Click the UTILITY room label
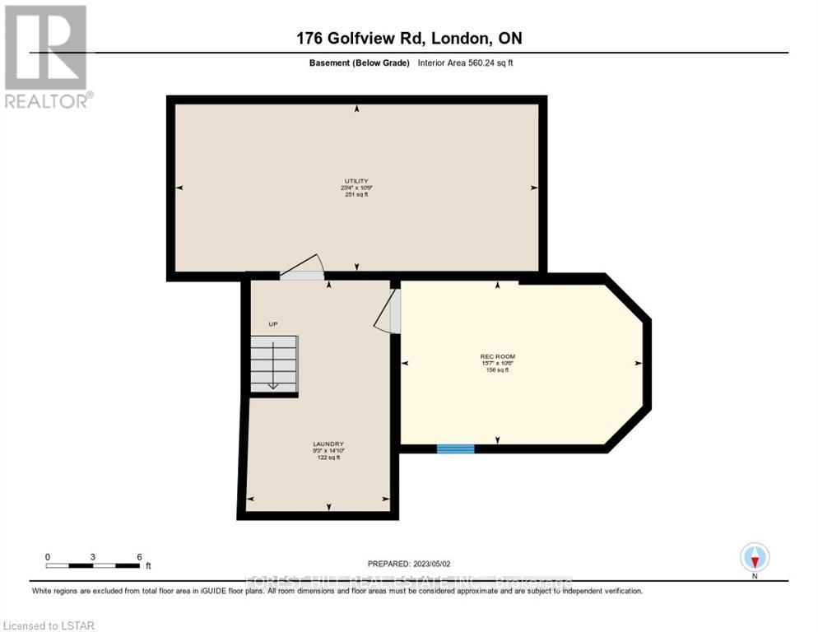pos(356,181)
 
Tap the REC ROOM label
pos(498,356)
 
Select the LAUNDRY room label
pos(328,444)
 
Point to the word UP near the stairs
pos(273,324)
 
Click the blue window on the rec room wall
pos(455,448)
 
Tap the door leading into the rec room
pos(388,311)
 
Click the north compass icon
pos(755,558)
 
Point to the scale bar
pos(93,565)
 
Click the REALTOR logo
pos(46,56)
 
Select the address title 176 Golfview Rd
pos(409,38)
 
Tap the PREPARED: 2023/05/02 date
pos(410,564)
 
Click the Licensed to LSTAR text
pos(49,626)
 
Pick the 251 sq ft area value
pos(356,195)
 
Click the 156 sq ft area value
pos(498,370)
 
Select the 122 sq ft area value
pos(328,458)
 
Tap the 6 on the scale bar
pos(139,556)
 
